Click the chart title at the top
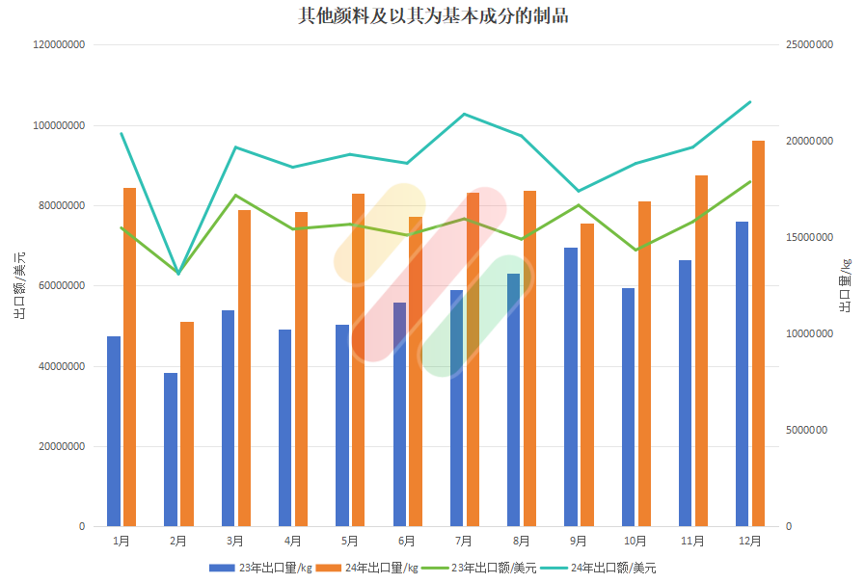pos(432,16)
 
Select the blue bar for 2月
pos(171,449)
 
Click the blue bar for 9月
pos(571,386)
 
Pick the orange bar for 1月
pos(129,357)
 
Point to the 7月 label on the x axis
pos(464,542)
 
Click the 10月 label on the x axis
pos(635,542)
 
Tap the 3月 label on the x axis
pos(235,542)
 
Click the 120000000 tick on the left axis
pos(60,45)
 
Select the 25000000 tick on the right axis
pos(810,45)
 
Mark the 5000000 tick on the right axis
pos(807,431)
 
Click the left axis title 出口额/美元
pos(20,285)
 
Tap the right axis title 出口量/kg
pos(845,286)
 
